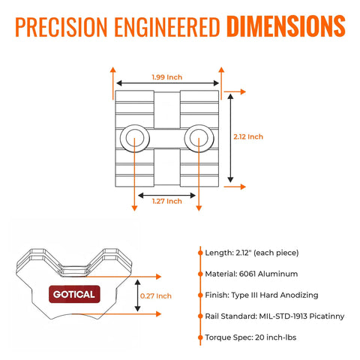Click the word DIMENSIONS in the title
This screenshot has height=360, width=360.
[x=286, y=26]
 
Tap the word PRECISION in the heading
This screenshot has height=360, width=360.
[x=61, y=27]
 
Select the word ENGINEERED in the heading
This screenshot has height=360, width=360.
[x=167, y=27]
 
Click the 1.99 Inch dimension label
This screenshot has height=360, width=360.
[x=167, y=77]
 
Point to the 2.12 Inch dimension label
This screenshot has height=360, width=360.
[x=248, y=136]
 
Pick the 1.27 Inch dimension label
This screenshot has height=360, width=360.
[x=167, y=201]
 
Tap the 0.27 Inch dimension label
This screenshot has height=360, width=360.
[x=156, y=296]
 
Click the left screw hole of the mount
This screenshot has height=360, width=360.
[x=135, y=138]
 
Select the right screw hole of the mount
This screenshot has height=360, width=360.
[x=199, y=138]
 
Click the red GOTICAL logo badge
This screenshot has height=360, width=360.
[x=74, y=294]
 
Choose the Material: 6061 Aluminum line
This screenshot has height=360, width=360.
[x=251, y=274]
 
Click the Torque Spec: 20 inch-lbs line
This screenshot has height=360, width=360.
[x=250, y=337]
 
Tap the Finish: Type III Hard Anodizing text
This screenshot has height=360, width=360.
[x=262, y=295]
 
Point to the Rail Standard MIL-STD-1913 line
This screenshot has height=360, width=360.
[x=274, y=316]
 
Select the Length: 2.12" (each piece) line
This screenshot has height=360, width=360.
[x=252, y=253]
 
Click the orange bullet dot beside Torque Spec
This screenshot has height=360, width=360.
[x=200, y=337]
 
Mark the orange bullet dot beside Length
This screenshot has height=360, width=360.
[x=200, y=253]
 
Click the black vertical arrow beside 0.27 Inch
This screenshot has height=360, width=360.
[x=137, y=295]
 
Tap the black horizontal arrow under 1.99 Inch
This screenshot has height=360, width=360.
[x=168, y=83]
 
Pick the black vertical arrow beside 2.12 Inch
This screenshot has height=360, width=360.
[x=230, y=138]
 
